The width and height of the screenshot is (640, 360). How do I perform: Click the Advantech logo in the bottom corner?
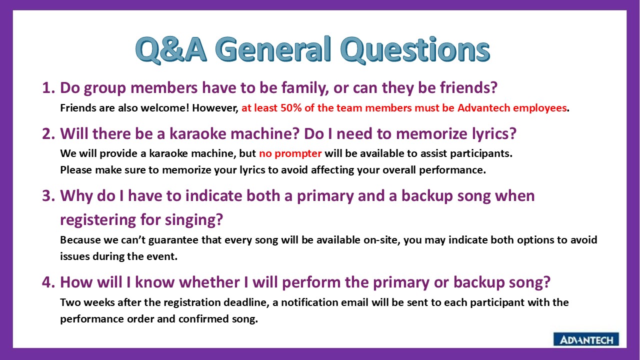(x=586, y=339)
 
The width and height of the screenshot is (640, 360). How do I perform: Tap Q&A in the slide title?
(x=171, y=49)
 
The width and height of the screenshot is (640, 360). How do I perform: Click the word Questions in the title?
(x=415, y=50)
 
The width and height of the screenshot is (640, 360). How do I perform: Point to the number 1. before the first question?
(x=48, y=87)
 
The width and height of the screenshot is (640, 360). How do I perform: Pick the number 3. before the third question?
(x=48, y=196)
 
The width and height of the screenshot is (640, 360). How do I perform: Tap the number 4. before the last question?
(x=48, y=282)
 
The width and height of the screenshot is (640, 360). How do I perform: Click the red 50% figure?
(x=291, y=108)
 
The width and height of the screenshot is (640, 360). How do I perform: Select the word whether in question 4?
(x=209, y=282)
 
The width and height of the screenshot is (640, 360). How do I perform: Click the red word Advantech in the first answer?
(x=483, y=108)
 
